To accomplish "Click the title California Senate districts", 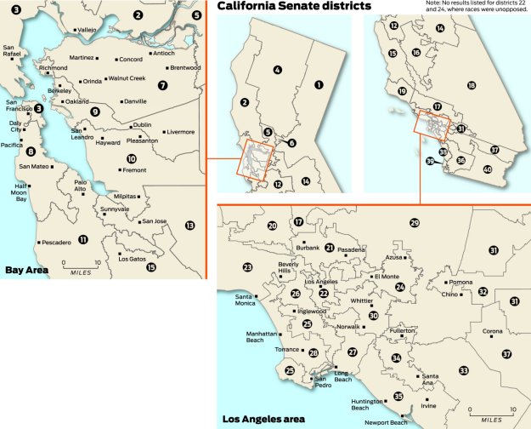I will (x=294, y=7).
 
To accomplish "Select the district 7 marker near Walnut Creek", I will (x=162, y=85).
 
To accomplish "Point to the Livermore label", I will (x=180, y=132).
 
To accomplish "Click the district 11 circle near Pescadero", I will (x=82, y=239).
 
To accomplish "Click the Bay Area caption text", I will (x=26, y=271).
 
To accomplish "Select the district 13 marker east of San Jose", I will (x=189, y=226).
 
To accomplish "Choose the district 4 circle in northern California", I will (x=278, y=69).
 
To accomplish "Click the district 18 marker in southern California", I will (x=471, y=86).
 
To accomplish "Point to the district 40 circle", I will (x=487, y=169).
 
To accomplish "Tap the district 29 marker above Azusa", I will (x=415, y=223).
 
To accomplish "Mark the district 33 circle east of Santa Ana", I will (x=463, y=370).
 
